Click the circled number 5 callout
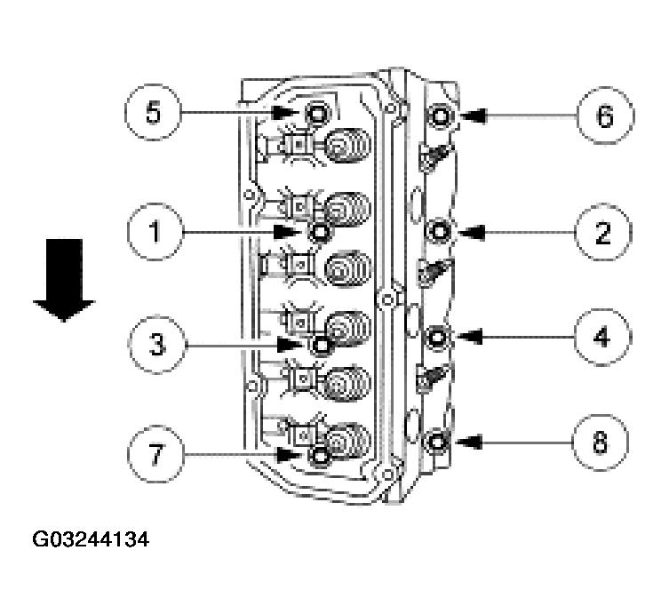pos(154,115)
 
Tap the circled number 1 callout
pos(154,233)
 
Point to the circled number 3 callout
pos(154,343)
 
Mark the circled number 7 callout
pos(154,455)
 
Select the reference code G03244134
pos(90,539)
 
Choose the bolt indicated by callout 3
pos(320,343)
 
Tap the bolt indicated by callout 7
pos(320,456)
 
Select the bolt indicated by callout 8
pos(438,442)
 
